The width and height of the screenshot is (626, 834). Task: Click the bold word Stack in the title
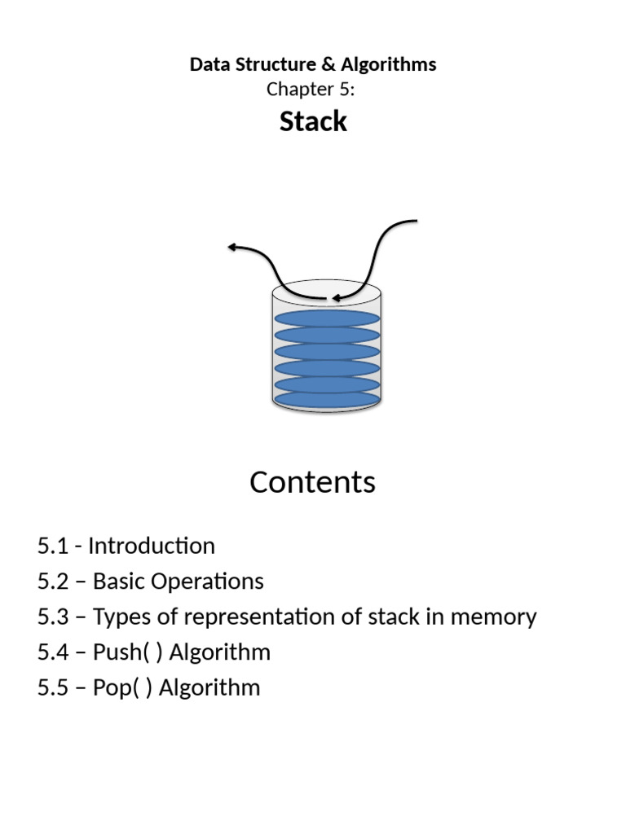313,121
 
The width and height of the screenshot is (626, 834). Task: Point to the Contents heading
313,482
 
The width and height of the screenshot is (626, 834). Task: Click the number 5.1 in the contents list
53,546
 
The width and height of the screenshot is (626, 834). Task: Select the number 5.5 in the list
53,687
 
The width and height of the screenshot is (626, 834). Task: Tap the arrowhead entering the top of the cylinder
335,298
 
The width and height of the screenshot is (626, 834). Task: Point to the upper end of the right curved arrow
415,221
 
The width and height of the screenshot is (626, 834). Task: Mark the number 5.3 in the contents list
53,617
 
